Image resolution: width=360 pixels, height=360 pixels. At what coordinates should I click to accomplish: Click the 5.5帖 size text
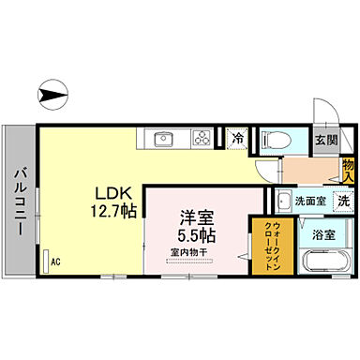[x=195, y=233]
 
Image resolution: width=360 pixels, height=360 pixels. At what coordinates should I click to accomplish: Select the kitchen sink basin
[x=163, y=139]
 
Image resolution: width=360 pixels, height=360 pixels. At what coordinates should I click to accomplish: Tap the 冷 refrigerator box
[x=237, y=139]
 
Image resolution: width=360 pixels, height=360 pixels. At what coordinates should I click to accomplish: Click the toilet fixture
[x=276, y=139]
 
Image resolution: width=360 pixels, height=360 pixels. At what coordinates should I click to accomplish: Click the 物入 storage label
[x=347, y=170]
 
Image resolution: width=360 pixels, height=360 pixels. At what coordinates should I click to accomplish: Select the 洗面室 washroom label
[x=310, y=201]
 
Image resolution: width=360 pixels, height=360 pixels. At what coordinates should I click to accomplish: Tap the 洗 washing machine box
[x=344, y=201]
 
